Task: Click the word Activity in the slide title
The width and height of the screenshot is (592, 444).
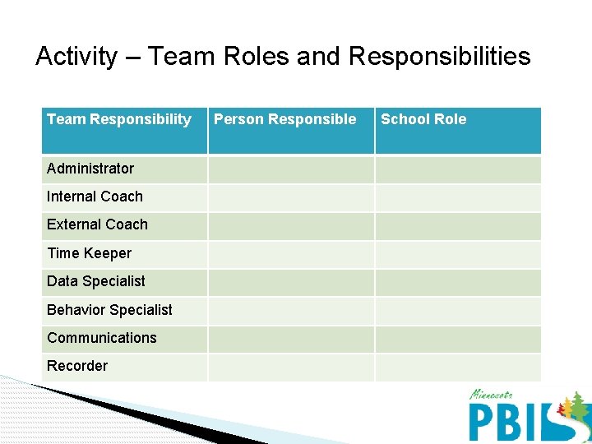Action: (76, 57)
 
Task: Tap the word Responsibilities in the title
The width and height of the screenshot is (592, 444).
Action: (439, 57)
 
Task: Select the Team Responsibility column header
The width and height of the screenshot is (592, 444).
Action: (118, 120)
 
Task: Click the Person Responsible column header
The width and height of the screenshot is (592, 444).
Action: (284, 120)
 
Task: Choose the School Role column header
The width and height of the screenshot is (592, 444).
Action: (423, 120)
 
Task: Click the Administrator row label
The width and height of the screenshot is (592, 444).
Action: (90, 169)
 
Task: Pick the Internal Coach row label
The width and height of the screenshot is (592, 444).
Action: (95, 197)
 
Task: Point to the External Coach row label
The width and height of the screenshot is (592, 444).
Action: (97, 224)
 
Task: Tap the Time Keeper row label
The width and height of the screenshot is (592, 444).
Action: (89, 253)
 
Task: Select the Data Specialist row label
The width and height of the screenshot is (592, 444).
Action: (95, 281)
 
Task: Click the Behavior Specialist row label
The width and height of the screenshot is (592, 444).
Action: (109, 310)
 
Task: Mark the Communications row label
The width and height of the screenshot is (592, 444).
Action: (101, 338)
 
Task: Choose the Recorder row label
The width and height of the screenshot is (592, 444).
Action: (77, 366)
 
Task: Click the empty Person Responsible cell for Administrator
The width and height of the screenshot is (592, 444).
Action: (291, 169)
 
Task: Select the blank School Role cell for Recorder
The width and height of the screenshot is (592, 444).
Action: (458, 367)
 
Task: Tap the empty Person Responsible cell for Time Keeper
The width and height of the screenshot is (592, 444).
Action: (291, 254)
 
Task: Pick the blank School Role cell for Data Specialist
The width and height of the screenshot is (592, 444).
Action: (458, 282)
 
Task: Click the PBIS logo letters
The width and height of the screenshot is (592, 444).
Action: (510, 420)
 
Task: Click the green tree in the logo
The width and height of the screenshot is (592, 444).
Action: (578, 405)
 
